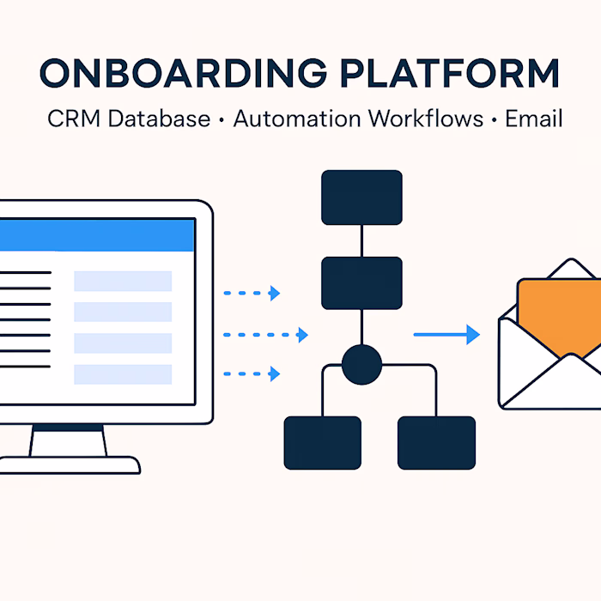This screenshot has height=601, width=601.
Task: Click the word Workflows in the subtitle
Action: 422,118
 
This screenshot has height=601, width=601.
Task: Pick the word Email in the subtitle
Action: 533,118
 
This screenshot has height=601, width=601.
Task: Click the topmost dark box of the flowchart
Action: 361,197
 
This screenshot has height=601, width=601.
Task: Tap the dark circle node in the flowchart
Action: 361,364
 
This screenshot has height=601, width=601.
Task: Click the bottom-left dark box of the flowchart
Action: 323,442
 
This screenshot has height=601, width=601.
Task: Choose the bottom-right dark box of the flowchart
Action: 436,442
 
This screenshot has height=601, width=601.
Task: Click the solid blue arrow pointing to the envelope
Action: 446,335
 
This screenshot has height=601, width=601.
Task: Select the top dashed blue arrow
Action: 252,294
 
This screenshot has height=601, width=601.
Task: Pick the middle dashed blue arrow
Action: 265,335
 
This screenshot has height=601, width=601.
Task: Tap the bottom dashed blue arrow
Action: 252,373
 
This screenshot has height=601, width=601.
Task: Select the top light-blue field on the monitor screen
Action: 123,281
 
